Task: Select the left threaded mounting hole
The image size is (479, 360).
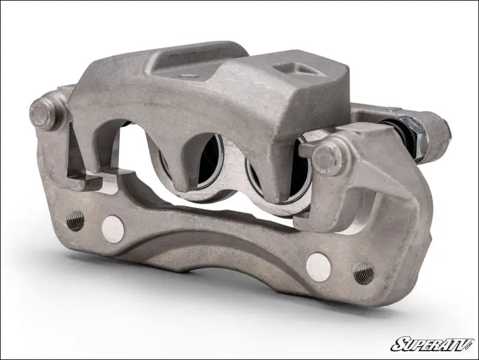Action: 75,220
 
